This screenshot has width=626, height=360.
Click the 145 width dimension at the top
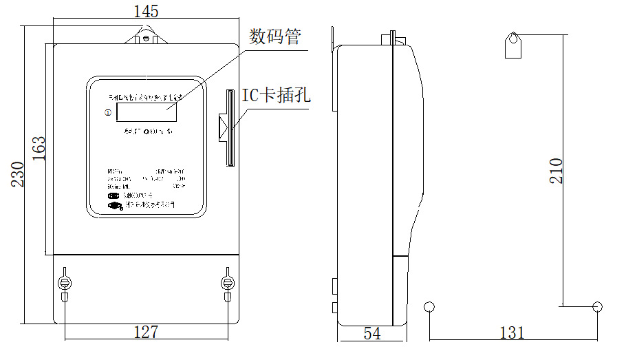146,11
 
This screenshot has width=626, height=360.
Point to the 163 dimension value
39,149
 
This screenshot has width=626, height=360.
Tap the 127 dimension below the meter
145,332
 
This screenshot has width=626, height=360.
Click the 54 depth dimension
372,334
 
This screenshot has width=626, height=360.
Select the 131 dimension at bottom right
512,333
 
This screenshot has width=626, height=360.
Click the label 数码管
275,36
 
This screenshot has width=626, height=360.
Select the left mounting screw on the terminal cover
65,283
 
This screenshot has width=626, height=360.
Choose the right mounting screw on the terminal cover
227,283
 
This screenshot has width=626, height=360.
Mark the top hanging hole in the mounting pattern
512,37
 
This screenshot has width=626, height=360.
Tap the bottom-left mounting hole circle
430,306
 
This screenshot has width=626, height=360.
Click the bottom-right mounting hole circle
597,306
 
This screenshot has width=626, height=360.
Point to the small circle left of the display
107,112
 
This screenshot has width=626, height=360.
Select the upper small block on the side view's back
334,284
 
